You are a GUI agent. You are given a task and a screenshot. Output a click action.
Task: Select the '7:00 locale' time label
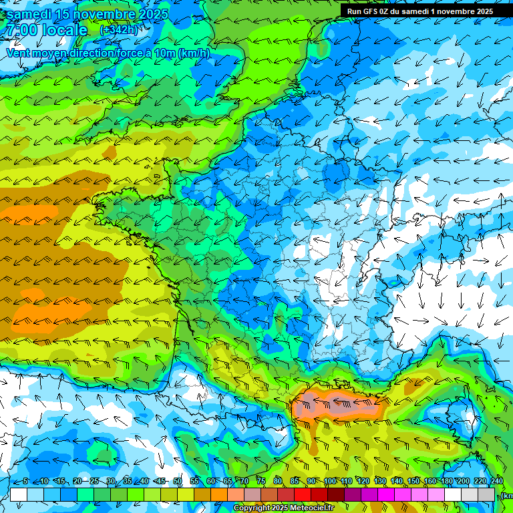point(46,30)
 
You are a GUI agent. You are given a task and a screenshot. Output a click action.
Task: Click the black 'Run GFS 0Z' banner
point(419,11)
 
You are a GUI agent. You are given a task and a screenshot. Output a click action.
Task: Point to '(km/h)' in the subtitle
point(194,53)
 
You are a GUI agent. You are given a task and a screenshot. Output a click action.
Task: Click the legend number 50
point(178,482)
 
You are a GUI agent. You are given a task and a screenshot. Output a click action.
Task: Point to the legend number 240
point(497,482)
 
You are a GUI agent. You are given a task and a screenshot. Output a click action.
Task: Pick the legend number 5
point(25,482)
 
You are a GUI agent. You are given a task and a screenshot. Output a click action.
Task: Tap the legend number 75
point(261,482)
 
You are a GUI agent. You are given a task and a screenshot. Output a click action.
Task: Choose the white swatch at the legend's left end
point(19,494)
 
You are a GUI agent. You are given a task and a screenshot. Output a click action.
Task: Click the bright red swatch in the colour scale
point(303,494)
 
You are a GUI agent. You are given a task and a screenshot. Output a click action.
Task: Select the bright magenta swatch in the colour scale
point(386,494)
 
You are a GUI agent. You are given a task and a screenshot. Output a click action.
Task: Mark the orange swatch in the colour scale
point(219,494)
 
